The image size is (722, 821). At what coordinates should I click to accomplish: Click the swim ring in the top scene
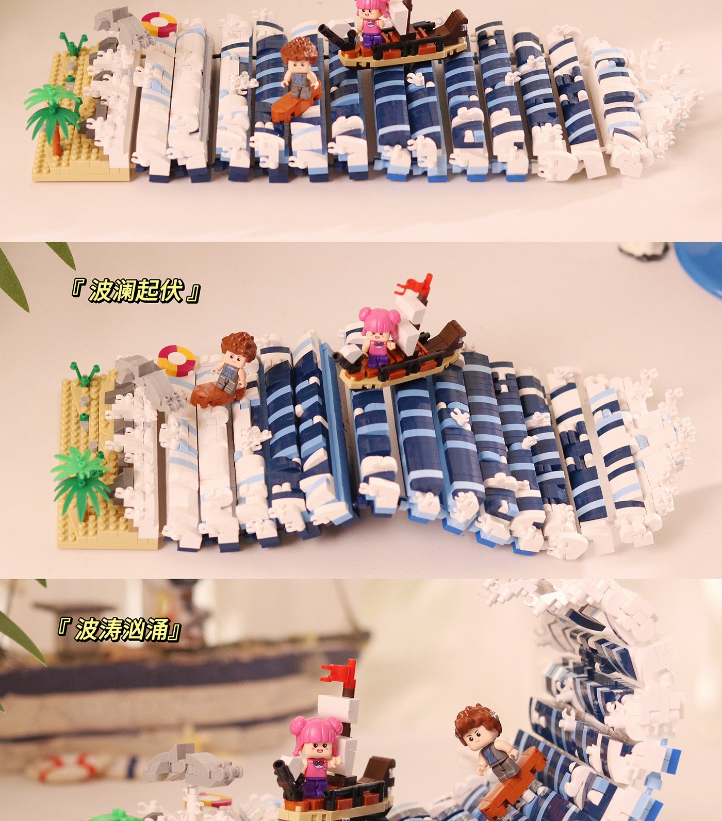click(x=158, y=24)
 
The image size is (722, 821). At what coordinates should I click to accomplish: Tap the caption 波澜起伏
click(x=135, y=291)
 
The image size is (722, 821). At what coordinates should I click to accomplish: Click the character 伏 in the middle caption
click(x=171, y=291)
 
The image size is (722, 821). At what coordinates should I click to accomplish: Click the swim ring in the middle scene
click(x=176, y=359)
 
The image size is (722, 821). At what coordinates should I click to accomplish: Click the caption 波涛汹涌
click(x=121, y=630)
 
